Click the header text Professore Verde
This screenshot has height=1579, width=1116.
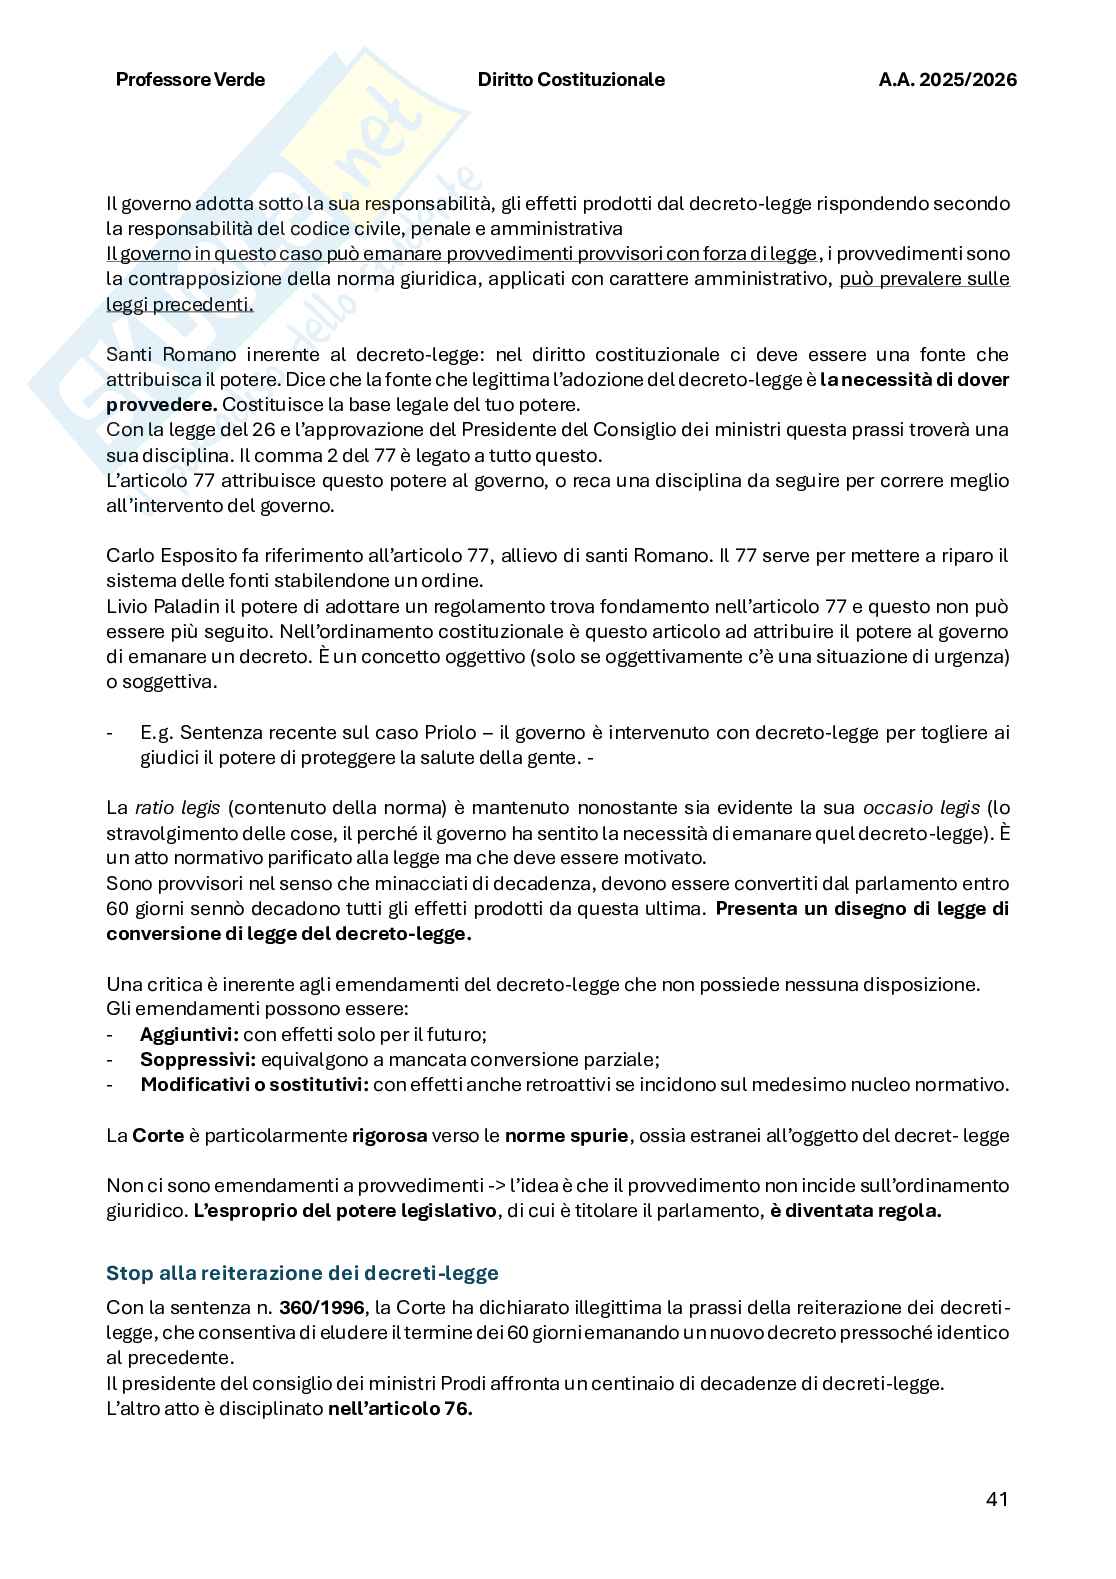pos(190,80)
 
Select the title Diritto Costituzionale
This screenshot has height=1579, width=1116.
pos(570,80)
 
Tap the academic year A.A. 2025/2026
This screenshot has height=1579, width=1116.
pos(947,80)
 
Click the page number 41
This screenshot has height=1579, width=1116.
pos(996,1499)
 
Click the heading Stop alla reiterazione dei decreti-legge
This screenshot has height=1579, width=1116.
pos(302,1273)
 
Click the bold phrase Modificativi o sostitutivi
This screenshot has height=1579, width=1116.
pos(255,1085)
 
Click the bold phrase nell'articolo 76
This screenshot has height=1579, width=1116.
pos(399,1409)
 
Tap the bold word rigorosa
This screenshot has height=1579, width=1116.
pos(389,1136)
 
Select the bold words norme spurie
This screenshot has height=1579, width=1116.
pos(566,1136)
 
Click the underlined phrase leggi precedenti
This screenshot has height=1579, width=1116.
pos(179,304)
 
